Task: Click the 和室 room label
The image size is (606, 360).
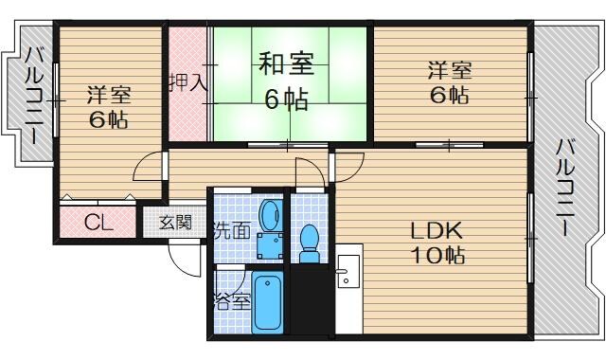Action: (286, 67)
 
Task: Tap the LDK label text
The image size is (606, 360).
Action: (435, 230)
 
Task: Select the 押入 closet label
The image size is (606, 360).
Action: (187, 81)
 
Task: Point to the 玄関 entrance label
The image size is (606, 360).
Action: (174, 224)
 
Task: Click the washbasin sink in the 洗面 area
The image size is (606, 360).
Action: (270, 216)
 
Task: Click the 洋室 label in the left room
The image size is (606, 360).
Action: (109, 95)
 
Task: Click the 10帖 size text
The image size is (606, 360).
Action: (436, 256)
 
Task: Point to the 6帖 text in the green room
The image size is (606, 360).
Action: (286, 98)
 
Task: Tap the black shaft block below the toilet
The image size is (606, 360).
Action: (311, 298)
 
